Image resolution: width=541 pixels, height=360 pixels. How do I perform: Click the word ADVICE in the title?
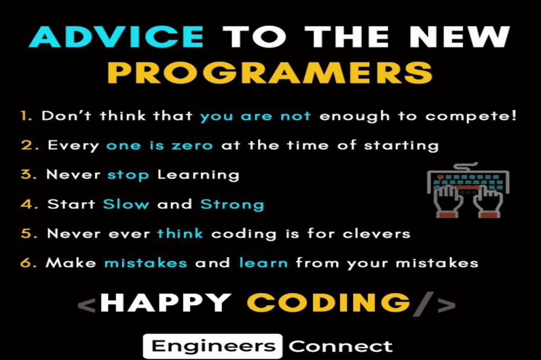(x=116, y=36)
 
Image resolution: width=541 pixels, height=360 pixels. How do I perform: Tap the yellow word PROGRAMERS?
(x=270, y=72)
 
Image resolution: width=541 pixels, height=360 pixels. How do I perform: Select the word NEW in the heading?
(x=460, y=36)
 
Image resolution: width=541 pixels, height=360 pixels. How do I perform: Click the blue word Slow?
(x=126, y=204)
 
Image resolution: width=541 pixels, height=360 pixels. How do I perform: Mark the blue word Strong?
(x=232, y=205)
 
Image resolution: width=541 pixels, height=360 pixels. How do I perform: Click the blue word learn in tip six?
(x=264, y=263)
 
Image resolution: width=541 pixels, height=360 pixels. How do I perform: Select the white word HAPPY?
(x=165, y=303)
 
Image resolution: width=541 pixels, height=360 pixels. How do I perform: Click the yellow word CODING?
(x=329, y=303)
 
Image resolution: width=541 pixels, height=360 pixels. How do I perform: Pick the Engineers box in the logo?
(x=213, y=346)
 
